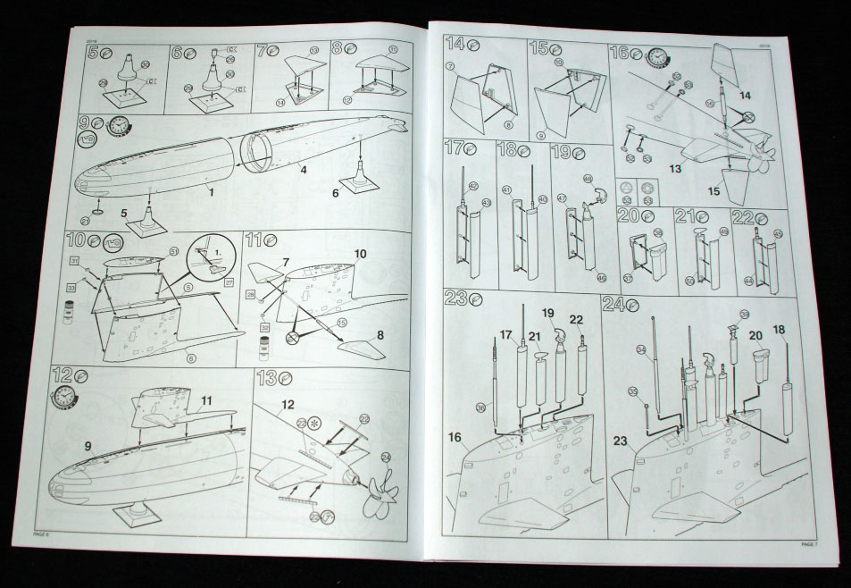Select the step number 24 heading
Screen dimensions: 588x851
(613, 302)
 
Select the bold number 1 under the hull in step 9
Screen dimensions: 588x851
(211, 190)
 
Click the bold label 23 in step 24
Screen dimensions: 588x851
(622, 440)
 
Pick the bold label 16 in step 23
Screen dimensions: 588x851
(456, 437)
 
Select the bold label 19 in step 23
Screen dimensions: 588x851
(548, 313)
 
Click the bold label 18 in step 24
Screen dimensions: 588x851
(779, 330)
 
